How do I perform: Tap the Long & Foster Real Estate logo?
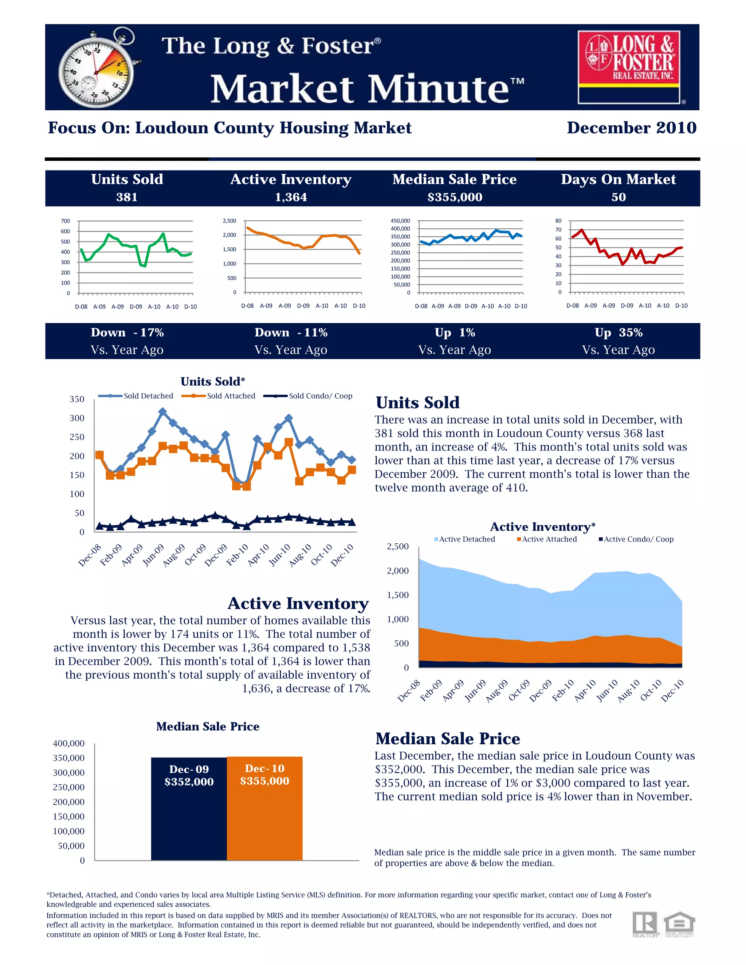tap(629, 66)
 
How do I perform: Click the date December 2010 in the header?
tap(632, 128)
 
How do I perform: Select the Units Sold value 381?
tap(127, 197)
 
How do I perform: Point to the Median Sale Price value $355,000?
tap(455, 197)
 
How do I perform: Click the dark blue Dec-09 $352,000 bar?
tap(189, 808)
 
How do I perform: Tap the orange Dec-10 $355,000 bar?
tap(265, 808)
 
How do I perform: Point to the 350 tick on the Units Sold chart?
tap(77, 399)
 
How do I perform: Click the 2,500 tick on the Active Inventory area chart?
tap(398, 547)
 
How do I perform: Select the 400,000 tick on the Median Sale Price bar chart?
tap(68, 743)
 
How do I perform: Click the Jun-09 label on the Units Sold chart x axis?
tap(153, 555)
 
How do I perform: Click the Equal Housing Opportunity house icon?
tap(679, 924)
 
